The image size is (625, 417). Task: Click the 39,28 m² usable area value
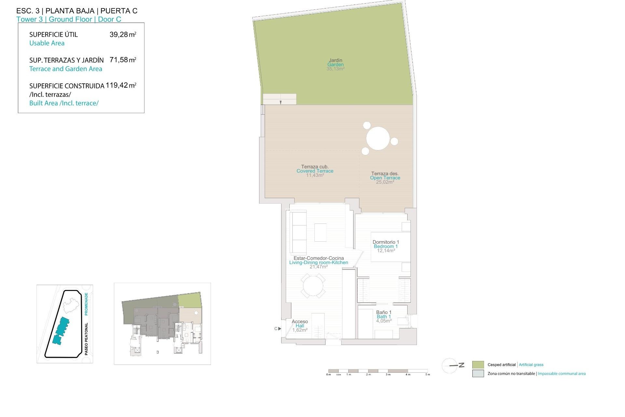tap(123, 35)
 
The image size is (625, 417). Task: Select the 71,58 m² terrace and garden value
tap(123, 60)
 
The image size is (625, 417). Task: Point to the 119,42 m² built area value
tap(121, 85)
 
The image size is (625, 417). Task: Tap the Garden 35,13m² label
tap(335, 65)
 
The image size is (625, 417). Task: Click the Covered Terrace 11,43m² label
tap(315, 171)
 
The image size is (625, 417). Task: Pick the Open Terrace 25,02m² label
tap(385, 178)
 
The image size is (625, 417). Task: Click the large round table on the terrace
tap(378, 138)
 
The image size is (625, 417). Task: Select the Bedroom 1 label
tap(386, 246)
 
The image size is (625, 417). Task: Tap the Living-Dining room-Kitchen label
tap(318, 263)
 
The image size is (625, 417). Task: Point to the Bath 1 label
tap(384, 317)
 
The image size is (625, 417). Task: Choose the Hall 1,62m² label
tap(300, 326)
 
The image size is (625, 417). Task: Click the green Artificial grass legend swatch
tap(478, 365)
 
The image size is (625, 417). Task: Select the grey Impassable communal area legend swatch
tap(478, 374)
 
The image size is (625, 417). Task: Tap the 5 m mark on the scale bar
tap(428, 374)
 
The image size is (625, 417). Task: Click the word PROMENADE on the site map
tap(86, 304)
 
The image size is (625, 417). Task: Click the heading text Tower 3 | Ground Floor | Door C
tap(69, 19)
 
